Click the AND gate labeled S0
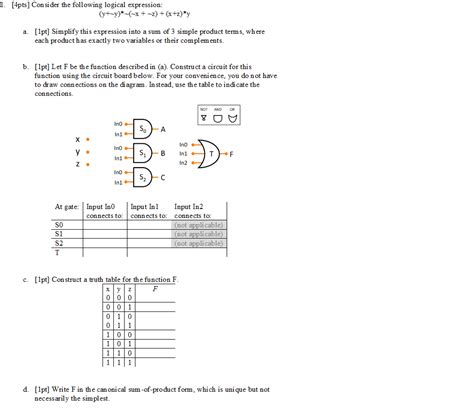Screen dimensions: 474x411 click(143, 129)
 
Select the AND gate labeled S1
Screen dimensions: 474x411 click(143, 153)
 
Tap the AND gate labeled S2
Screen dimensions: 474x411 click(143, 177)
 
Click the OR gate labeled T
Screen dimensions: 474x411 click(211, 153)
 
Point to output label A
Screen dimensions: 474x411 click(162, 130)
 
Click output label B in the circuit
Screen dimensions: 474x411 click(162, 153)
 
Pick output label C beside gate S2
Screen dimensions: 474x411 click(162, 177)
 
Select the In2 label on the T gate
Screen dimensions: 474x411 click(183, 162)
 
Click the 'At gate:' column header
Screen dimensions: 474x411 click(66, 207)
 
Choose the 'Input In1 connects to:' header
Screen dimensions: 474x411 click(149, 211)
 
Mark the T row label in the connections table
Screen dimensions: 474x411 click(57, 251)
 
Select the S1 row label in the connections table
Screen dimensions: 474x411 click(58, 234)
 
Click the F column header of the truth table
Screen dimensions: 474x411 click(155, 287)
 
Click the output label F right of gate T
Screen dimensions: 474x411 click(231, 154)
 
